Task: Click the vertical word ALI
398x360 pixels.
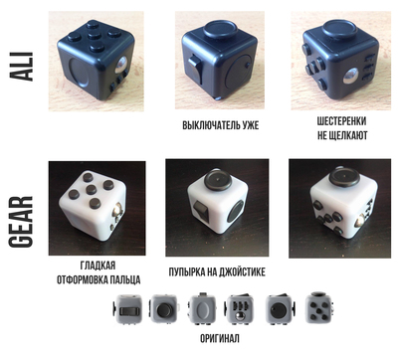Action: (22, 67)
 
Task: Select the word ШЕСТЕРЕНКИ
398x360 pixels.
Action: (341, 121)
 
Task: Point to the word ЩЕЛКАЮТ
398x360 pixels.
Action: (348, 135)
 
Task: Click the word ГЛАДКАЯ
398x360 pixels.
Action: (98, 266)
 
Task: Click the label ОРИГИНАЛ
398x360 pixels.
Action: (220, 338)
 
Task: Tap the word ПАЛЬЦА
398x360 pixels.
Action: (125, 279)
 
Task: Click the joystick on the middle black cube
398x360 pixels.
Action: (219, 30)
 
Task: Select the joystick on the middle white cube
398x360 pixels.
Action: (218, 179)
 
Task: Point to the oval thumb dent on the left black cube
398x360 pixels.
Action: (80, 73)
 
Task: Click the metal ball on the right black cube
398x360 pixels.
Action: (351, 77)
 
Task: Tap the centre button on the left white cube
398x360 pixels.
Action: (91, 189)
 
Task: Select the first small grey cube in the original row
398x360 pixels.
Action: (127, 309)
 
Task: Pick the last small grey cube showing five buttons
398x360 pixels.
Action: (319, 307)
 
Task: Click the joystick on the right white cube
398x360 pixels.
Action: (345, 175)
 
